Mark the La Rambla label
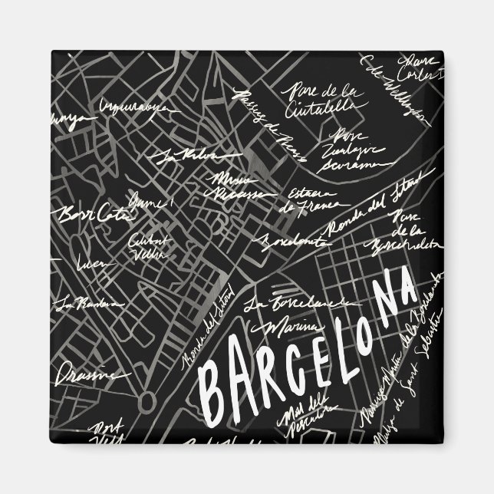[x=80, y=305]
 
